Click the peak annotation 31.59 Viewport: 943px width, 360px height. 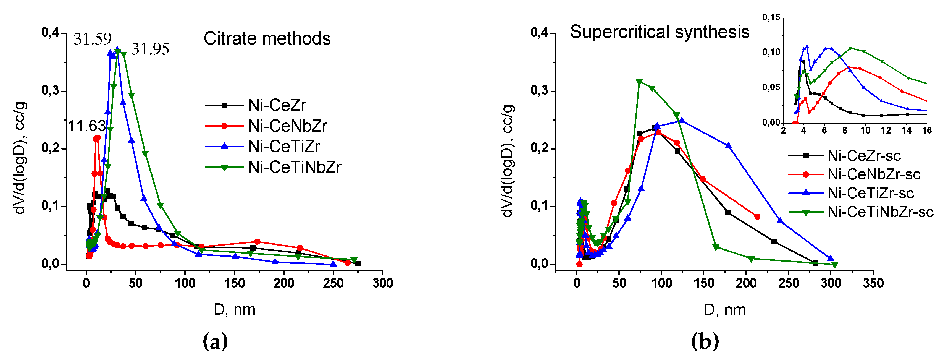pos(93,39)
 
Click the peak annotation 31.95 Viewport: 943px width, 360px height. pos(151,49)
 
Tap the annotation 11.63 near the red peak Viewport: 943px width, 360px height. pos(87,126)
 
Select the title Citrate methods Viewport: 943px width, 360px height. pos(267,38)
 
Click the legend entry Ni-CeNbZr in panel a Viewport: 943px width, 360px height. pos(287,126)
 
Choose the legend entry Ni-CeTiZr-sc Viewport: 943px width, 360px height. pos(871,193)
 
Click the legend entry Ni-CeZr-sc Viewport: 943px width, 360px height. pos(864,156)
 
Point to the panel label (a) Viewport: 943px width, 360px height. pos(215,341)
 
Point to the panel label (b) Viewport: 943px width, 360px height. pos(705,341)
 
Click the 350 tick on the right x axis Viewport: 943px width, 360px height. pos(873,283)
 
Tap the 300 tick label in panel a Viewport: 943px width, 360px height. pos(383,283)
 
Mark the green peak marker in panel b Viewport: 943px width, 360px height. pos(640,82)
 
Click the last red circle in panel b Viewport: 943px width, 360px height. pos(757,217)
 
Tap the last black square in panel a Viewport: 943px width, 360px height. pos(358,263)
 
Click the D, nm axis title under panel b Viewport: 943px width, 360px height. pos(725,310)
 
